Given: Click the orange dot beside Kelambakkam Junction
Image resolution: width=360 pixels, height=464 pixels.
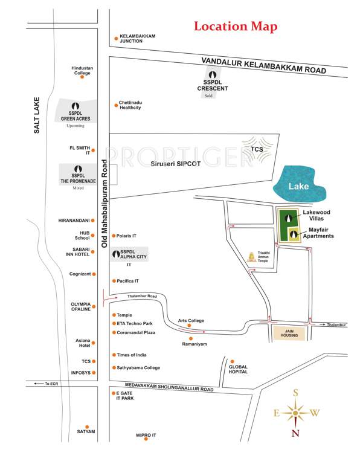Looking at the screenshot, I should coord(116,39).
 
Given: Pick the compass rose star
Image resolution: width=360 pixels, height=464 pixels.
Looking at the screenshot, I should coord(295,413).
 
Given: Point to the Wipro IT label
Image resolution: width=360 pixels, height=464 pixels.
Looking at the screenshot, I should coord(146,435).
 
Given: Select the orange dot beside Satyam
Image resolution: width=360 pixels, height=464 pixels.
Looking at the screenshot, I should coord(87,427).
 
